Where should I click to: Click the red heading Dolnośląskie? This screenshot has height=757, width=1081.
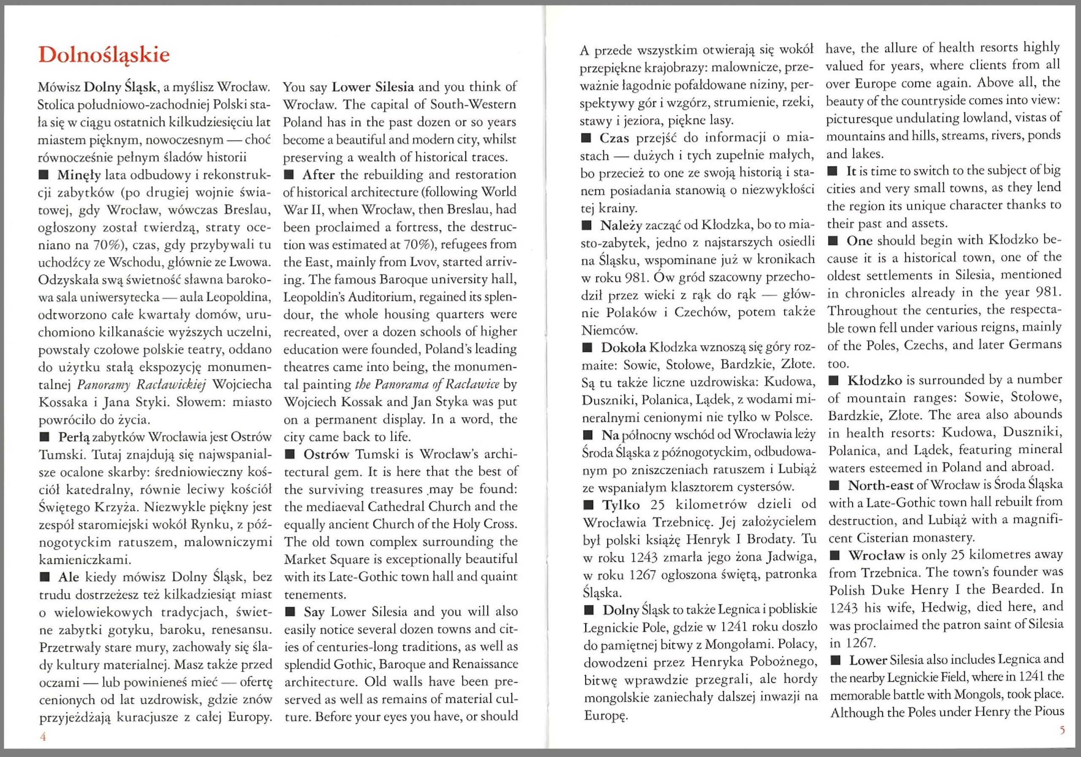103,55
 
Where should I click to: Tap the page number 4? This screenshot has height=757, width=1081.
43,737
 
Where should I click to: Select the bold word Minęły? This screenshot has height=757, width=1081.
79,175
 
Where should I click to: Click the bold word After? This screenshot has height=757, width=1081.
319,175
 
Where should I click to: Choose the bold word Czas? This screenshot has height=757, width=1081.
614,138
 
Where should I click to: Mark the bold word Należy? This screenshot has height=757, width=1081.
621,226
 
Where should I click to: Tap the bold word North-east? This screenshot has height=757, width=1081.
880,486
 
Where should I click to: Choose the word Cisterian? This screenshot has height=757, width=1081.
885,537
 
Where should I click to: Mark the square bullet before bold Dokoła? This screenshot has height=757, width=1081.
587,348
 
